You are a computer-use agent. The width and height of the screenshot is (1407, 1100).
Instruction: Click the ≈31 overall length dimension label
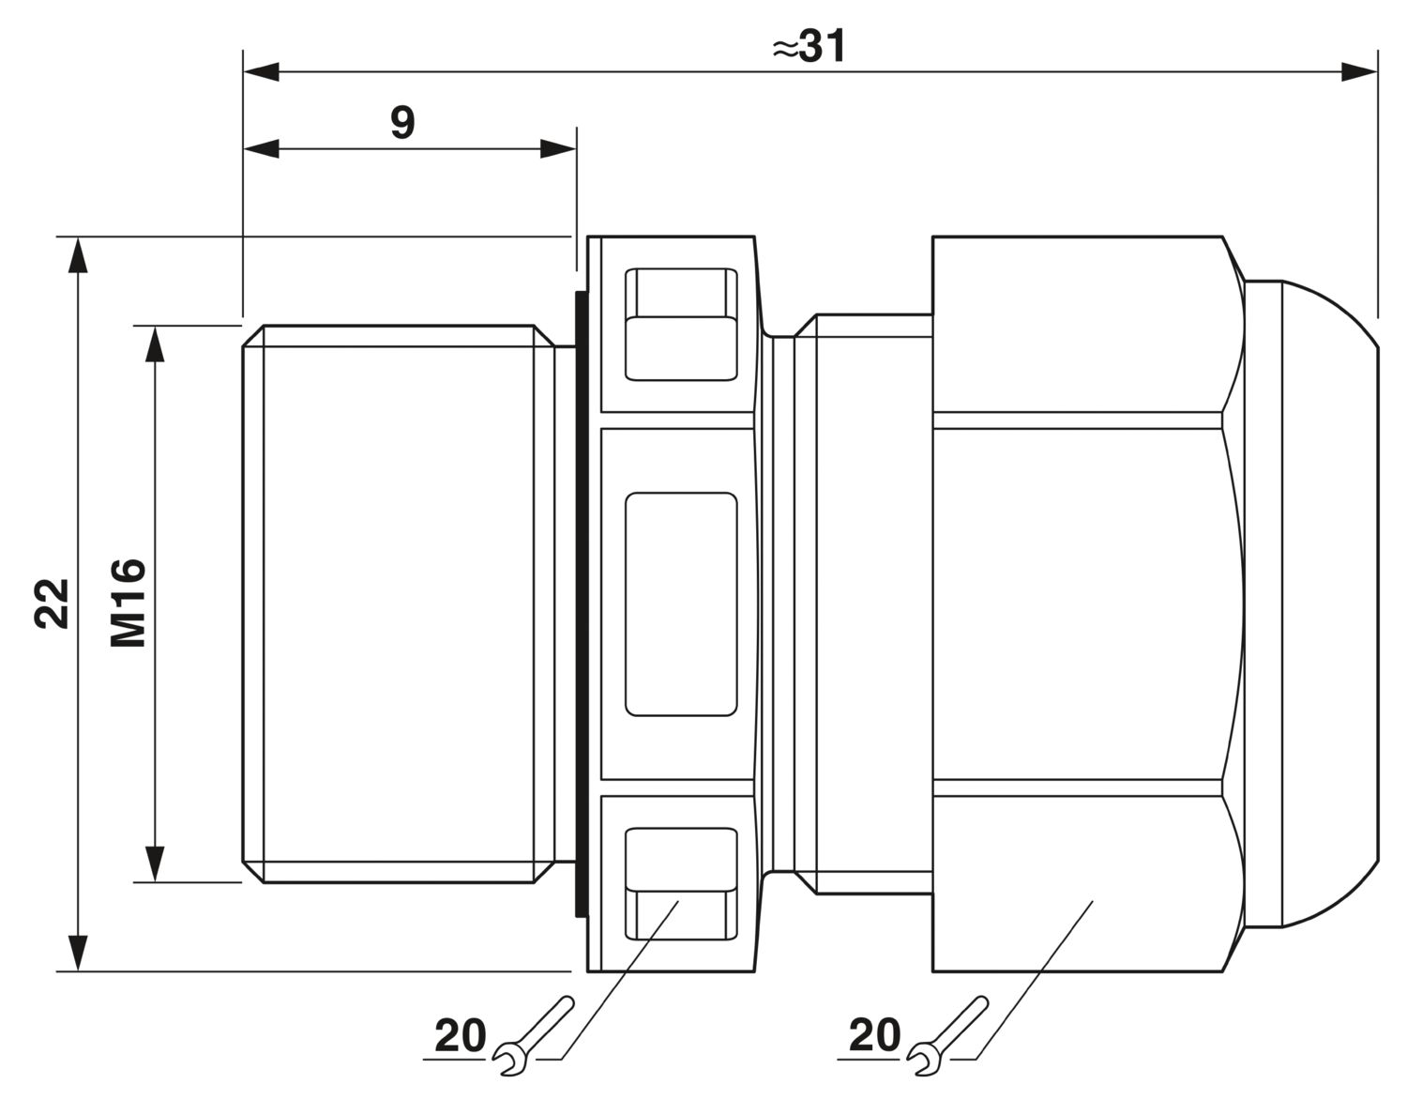(x=809, y=47)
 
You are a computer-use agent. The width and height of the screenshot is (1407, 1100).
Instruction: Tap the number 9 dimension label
(x=402, y=122)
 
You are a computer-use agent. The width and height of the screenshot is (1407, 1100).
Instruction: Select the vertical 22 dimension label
(x=52, y=603)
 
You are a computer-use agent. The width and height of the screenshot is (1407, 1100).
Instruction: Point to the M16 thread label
(x=129, y=603)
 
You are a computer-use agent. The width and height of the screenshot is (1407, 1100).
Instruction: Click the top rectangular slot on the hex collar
(x=681, y=324)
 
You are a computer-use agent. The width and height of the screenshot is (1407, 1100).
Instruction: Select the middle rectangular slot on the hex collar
(x=681, y=604)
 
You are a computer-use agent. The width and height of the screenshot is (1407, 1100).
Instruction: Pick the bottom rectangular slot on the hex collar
(x=681, y=883)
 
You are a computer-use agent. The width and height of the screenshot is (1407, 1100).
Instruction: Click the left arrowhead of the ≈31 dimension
(x=261, y=72)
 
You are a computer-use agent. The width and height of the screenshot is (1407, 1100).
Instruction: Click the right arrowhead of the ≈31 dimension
(x=1359, y=72)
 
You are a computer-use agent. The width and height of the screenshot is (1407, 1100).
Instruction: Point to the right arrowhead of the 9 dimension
(x=558, y=149)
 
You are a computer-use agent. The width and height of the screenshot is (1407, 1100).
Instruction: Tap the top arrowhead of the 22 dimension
(x=78, y=256)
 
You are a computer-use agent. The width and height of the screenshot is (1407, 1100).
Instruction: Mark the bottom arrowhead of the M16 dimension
(x=155, y=863)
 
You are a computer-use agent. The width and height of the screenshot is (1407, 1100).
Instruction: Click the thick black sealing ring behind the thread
(x=581, y=603)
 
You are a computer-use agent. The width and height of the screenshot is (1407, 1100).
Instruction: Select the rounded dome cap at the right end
(x=1311, y=603)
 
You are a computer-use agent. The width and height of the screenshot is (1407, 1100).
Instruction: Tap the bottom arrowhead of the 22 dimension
(x=78, y=953)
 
